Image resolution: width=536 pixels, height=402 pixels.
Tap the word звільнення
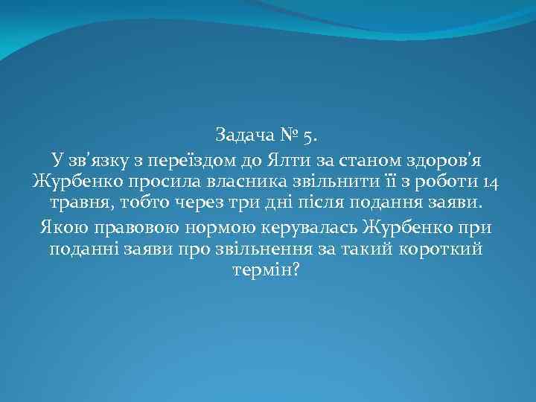coord(290,249)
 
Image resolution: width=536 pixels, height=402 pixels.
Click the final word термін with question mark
coord(267,271)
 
